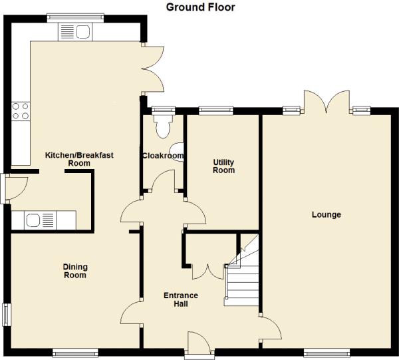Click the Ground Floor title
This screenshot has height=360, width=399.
coord(200,7)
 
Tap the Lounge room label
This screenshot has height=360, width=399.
coord(327,215)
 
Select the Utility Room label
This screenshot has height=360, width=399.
coord(223,166)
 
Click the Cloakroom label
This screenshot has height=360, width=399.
coord(163,156)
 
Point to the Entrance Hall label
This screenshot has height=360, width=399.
coord(181,299)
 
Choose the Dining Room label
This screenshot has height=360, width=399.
coord(75,271)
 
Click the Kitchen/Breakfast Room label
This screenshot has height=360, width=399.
coord(79,159)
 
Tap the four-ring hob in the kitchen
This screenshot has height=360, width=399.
coord(21,111)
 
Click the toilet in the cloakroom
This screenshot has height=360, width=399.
coord(164,126)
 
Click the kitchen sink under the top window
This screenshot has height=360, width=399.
coord(75,32)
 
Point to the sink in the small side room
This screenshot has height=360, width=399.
coord(40,220)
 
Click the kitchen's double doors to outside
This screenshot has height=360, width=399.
coord(154,69)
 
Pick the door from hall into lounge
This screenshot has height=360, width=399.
coord(271,328)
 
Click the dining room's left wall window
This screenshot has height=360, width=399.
coord(7,315)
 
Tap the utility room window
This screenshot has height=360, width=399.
coord(216,110)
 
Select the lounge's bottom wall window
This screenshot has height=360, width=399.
coord(327,353)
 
